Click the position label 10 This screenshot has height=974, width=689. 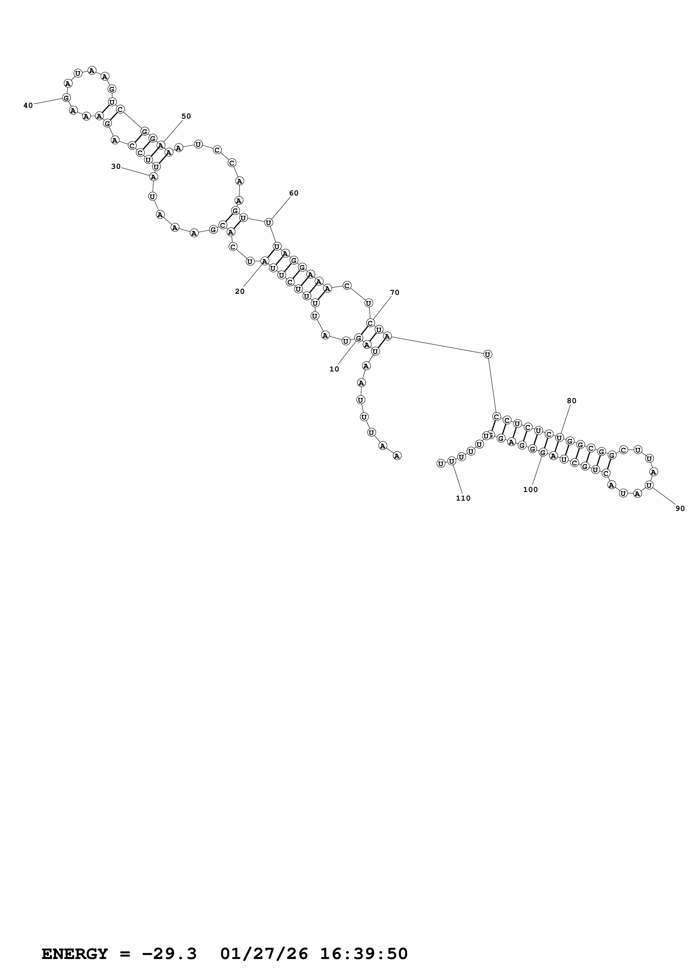[x=334, y=369]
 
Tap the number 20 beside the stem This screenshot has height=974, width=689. [x=239, y=292]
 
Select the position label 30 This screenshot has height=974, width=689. [x=116, y=167]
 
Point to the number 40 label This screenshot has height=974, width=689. [x=28, y=105]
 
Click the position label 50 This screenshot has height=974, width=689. [x=186, y=116]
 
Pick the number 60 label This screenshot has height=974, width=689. [x=294, y=193]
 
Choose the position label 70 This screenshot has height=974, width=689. [x=394, y=292]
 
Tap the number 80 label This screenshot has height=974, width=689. [x=571, y=401]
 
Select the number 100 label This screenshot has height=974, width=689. [x=530, y=489]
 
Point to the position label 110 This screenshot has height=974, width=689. [x=463, y=498]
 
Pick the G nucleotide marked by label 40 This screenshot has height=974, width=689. [x=66, y=98]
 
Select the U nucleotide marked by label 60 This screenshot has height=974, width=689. [x=268, y=222]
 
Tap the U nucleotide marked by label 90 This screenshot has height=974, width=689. [x=649, y=485]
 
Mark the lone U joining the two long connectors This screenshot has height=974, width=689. [x=488, y=354]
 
